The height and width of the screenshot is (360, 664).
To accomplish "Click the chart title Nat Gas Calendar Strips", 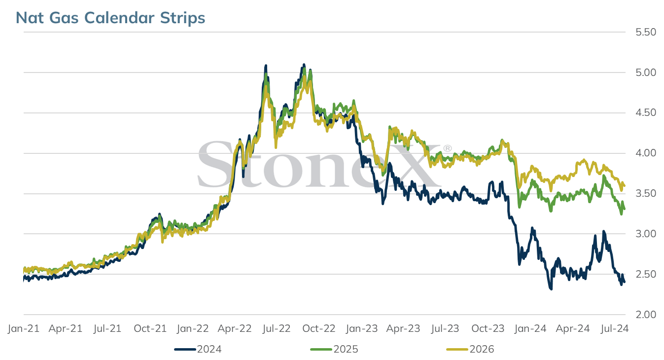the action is coord(110,18).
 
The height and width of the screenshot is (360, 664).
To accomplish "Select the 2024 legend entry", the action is coord(198,349).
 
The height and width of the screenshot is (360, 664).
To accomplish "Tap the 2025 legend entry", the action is coord(334,349).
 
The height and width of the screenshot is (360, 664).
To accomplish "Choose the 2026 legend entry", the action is coord(470,349).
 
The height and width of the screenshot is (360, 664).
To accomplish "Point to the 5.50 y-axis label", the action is coord(646,32).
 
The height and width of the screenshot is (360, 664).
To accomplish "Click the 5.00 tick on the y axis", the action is coord(646,72).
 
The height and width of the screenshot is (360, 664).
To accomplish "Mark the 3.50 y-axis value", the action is coord(646,193).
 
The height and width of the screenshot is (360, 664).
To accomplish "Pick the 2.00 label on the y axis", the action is coord(646,314).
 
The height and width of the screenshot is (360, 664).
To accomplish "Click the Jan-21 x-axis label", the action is coord(24,328).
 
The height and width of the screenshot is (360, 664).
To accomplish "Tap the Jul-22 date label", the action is coord(276,328).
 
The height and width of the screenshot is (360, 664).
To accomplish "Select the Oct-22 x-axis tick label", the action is coord(318,328).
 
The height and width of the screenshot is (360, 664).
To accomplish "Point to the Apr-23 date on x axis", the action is coord(403,328).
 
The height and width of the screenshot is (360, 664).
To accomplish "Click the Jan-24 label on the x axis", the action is coord(530,328).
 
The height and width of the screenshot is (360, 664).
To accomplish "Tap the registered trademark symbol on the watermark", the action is coord(447,148).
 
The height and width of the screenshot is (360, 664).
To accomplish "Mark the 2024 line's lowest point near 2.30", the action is coord(551,289).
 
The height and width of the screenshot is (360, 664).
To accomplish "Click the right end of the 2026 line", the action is coord(625,186).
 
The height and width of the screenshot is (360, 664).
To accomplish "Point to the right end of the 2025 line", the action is coord(625,209).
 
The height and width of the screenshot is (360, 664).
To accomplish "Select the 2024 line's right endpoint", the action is coord(625,282).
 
